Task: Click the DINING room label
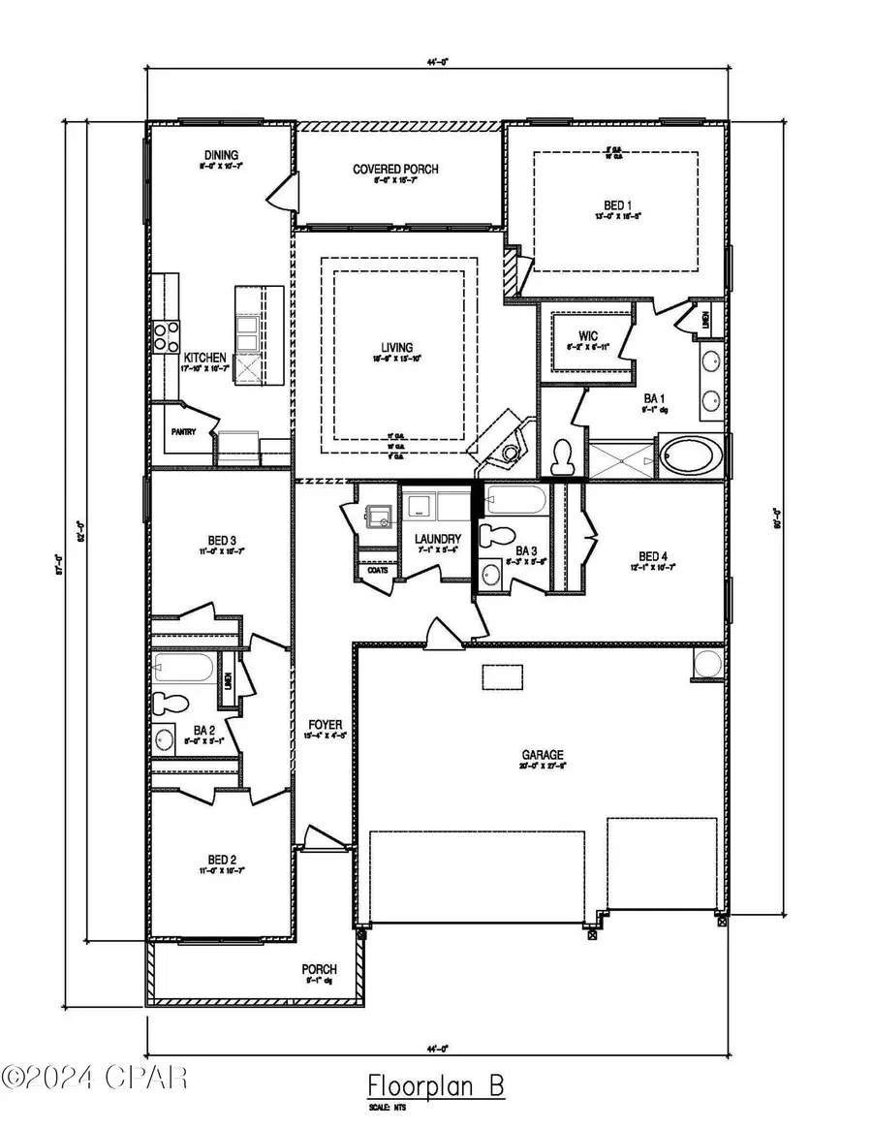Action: (221, 156)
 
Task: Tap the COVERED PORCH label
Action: (395, 170)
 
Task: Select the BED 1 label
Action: (614, 205)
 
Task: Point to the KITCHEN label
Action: (205, 358)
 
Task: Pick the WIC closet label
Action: (589, 336)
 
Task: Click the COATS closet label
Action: (378, 570)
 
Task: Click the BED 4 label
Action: (652, 556)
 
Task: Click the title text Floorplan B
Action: (436, 1083)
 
